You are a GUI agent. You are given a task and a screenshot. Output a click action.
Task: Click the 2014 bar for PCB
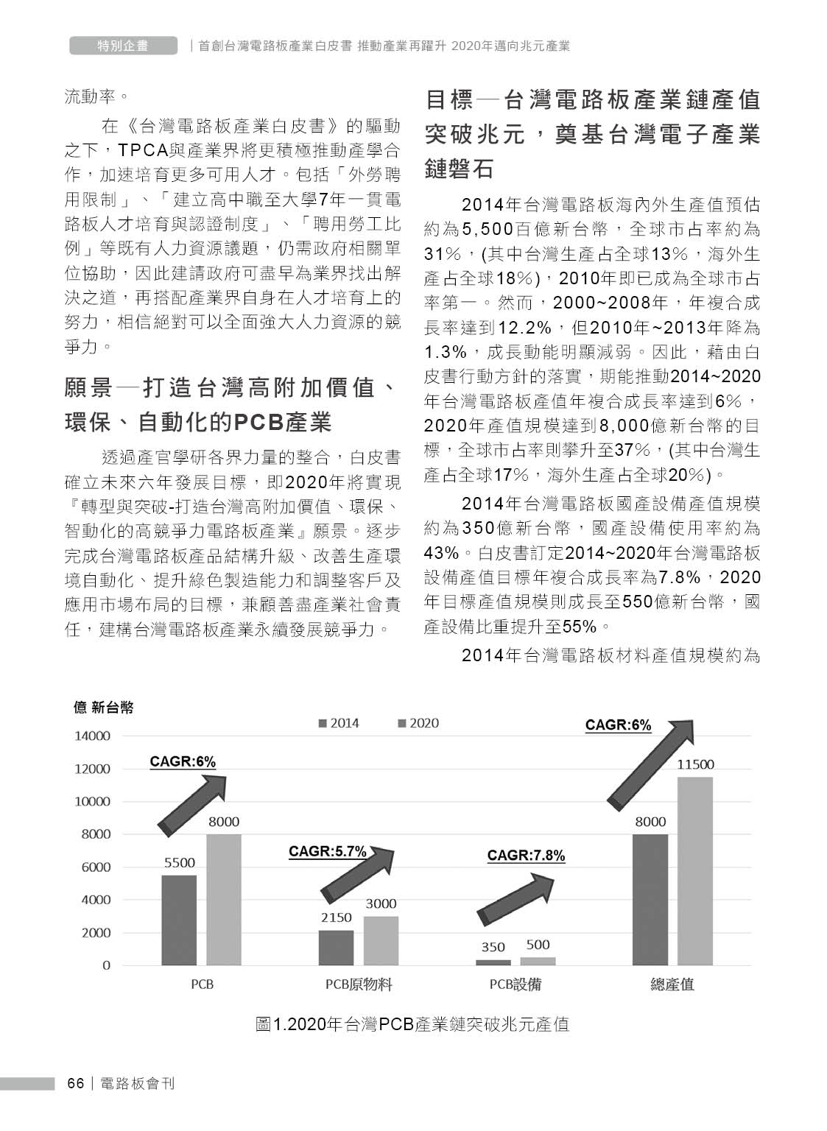[179, 920]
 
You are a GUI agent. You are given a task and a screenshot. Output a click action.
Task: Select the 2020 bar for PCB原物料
[381, 940]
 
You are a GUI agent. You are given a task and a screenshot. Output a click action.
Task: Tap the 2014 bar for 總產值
[650, 899]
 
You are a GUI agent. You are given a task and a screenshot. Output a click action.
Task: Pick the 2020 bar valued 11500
[695, 870]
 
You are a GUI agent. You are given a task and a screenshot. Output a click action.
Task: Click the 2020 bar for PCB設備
[538, 960]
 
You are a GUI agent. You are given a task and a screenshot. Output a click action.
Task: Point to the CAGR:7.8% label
[526, 856]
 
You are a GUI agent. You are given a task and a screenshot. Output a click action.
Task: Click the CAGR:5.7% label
[327, 851]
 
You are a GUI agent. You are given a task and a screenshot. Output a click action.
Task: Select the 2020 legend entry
[418, 723]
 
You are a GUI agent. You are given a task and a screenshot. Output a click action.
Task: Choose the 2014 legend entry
[339, 723]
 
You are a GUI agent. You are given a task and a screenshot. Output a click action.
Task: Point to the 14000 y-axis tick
[92, 736]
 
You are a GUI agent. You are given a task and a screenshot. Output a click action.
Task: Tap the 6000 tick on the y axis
[95, 867]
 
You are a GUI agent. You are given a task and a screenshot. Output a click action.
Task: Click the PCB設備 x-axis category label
[515, 984]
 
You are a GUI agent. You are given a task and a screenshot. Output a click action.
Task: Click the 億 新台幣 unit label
[103, 708]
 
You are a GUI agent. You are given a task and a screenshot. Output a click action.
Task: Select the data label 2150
[336, 917]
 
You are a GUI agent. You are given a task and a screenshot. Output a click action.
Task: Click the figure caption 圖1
[412, 1024]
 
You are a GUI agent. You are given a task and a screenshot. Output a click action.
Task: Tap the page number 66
[75, 1083]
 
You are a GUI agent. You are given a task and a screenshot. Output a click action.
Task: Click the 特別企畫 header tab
[123, 46]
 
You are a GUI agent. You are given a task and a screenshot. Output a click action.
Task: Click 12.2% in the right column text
[525, 327]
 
